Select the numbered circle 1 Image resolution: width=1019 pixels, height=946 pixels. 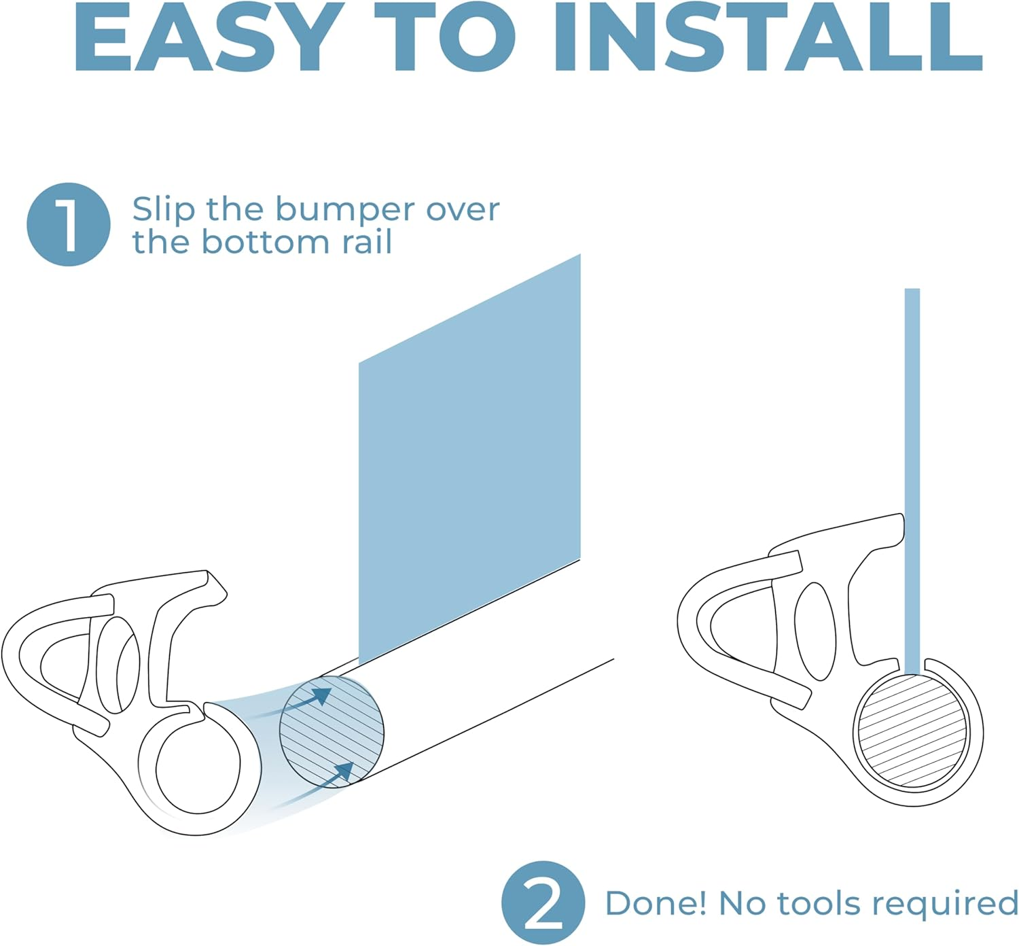tap(68, 224)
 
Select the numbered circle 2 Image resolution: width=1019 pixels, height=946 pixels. tap(543, 903)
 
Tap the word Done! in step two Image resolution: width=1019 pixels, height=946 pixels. tap(656, 903)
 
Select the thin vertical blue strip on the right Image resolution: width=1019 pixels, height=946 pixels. tap(912, 476)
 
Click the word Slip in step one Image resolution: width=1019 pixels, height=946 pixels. tap(163, 210)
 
